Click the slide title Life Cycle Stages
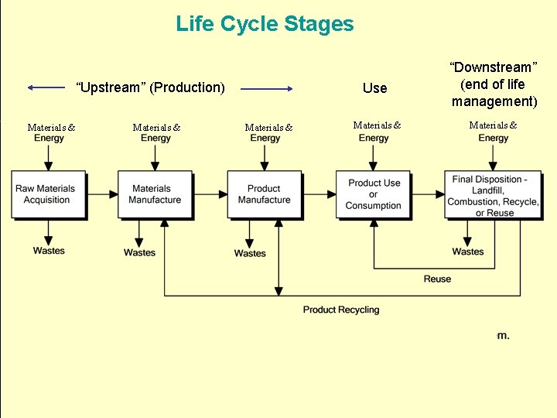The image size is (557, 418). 265,24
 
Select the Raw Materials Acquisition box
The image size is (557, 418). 46,194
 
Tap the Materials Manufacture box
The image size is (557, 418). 155,194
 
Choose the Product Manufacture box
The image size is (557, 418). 264,194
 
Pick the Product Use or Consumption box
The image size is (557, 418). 374,194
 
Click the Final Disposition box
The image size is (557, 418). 493,196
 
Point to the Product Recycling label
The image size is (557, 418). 341,310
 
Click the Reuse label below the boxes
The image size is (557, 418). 437,279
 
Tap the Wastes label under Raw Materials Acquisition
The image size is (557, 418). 49,251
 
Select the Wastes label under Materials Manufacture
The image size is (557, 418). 139,252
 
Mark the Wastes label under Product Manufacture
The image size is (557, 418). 250,253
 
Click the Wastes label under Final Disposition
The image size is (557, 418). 468,252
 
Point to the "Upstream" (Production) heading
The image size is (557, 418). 150,87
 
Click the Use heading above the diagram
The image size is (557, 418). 374,88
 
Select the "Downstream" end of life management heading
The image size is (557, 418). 494,84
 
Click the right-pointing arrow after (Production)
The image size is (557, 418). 267,89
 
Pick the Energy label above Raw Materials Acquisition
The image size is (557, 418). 50,139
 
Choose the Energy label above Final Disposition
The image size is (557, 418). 494,139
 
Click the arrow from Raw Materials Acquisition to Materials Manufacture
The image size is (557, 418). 101,194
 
